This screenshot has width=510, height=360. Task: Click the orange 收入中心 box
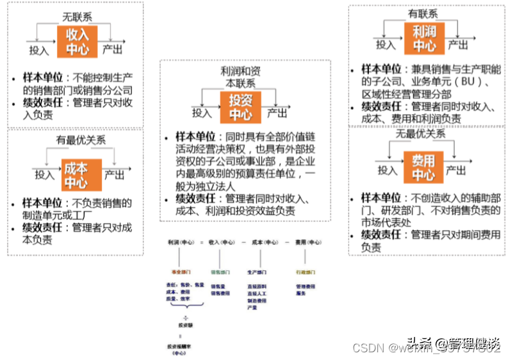click(x=77, y=40)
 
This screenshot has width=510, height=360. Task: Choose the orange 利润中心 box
click(x=424, y=38)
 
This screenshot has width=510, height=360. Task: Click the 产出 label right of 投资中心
click(x=277, y=113)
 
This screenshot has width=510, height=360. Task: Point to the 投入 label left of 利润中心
click(x=386, y=45)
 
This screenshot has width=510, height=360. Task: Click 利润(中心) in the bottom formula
click(x=180, y=243)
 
